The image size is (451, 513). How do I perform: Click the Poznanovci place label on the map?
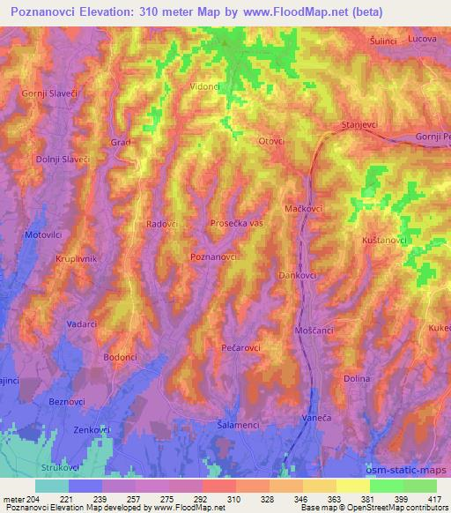(214, 256)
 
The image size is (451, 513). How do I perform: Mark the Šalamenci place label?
(238, 425)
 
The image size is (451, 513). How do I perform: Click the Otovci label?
(271, 142)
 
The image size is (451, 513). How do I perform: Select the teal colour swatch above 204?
(52, 486)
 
